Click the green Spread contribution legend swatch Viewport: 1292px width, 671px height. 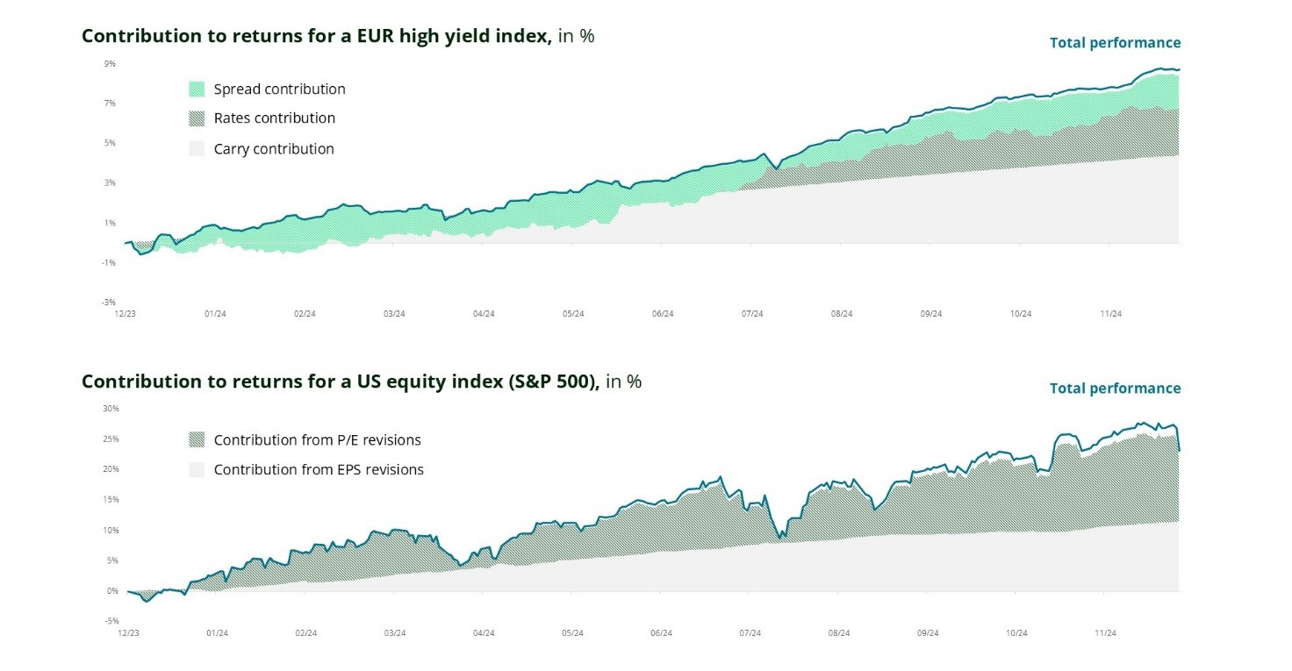[x=197, y=89]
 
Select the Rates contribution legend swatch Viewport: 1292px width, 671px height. [x=197, y=118]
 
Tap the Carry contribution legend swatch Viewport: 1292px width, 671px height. [x=197, y=149]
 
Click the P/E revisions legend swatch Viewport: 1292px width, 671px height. [x=197, y=439]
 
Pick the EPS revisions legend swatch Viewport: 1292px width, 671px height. [x=197, y=470]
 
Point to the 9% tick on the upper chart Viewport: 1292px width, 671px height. [x=110, y=64]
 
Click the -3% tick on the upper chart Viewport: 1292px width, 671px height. [x=109, y=302]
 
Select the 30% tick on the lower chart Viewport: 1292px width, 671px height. [x=111, y=409]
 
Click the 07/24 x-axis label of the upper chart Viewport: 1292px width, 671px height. [x=752, y=313]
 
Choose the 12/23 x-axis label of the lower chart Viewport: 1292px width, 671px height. [x=128, y=632]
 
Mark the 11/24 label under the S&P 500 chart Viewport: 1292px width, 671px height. [x=1105, y=632]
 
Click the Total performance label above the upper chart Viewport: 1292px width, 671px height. [x=1115, y=43]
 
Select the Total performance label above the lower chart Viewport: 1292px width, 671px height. [x=1115, y=389]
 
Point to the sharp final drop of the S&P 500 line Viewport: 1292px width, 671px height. [x=1178, y=439]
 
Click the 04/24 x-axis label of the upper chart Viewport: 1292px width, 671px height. [x=484, y=313]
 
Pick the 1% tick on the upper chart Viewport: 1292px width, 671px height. [x=111, y=223]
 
